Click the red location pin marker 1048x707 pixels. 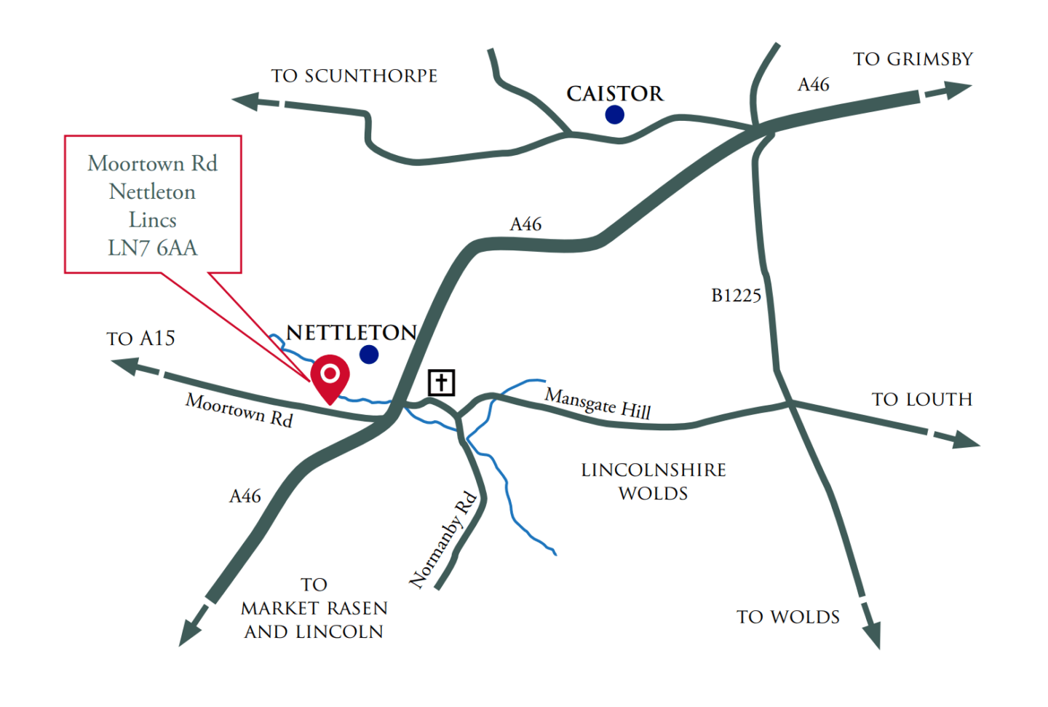pos(330,375)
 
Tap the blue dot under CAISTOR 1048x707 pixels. pos(615,114)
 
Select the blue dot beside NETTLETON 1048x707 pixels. pos(369,355)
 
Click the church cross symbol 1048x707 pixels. pos(441,382)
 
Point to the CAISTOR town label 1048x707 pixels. pos(615,93)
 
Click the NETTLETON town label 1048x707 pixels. pos(352,333)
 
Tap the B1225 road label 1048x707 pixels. pos(736,296)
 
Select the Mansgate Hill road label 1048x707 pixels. pos(598,403)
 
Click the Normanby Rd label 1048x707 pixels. pos(443,540)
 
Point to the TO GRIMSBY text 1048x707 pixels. pos(913,59)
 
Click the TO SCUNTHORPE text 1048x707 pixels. pos(354,76)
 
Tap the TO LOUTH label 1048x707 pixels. pos(922,399)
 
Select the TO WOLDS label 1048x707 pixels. pos(788,617)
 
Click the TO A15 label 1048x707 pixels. pos(140,339)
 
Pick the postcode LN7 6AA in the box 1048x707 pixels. pos(153,248)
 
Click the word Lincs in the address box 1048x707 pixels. pos(153,220)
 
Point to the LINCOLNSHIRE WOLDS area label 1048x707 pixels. pos(654,481)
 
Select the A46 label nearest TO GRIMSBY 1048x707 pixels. pos(814,84)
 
